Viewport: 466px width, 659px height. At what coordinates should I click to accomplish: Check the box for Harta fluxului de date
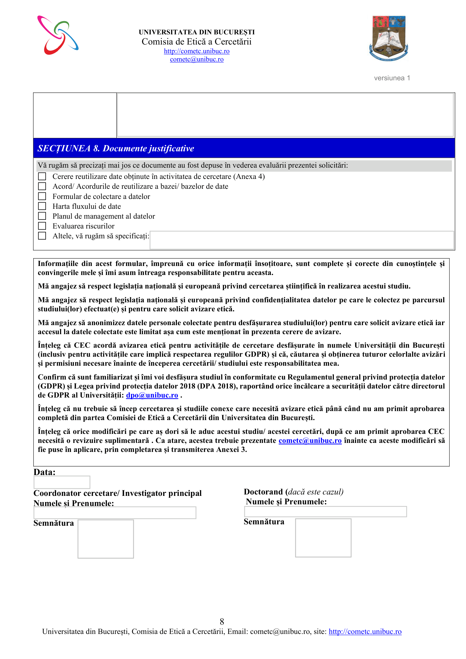tap(42, 206)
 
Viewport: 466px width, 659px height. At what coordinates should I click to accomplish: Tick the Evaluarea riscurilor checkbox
tap(42, 226)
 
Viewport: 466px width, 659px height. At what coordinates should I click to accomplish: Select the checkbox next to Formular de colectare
tap(42, 196)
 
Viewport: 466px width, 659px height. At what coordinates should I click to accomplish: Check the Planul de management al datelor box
tap(42, 216)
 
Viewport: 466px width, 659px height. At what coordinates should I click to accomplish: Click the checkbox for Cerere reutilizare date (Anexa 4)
tap(42, 176)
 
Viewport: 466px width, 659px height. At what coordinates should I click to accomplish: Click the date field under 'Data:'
tap(62, 482)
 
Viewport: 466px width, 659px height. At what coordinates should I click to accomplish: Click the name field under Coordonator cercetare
tap(115, 512)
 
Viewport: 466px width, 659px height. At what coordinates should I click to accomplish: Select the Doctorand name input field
tap(325, 511)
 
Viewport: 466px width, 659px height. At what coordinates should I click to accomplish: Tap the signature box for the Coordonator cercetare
tap(106, 539)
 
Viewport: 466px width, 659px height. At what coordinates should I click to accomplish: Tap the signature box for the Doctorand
tap(323, 538)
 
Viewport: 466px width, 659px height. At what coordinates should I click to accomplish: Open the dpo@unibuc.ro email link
tap(152, 395)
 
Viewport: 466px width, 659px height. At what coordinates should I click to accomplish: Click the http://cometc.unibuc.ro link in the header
tap(197, 51)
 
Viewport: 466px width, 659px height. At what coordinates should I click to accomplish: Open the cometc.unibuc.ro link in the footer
tap(365, 631)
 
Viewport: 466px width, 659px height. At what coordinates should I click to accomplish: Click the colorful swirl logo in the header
tap(58, 35)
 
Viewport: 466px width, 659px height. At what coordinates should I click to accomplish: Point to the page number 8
tap(222, 622)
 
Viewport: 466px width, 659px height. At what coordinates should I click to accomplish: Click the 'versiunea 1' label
tap(392, 78)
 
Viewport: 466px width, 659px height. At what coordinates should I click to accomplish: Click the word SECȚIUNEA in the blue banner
tap(64, 148)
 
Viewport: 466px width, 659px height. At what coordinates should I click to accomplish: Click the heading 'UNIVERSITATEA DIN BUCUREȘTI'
tap(197, 32)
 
